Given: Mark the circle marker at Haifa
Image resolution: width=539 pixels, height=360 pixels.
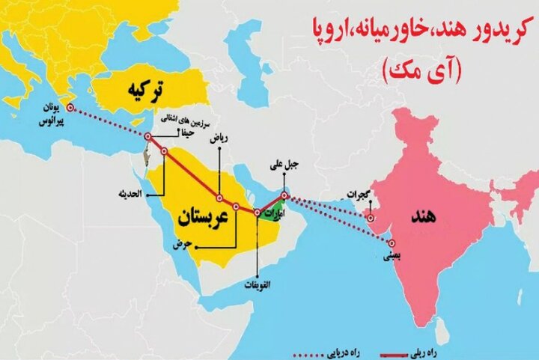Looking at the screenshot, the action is [x=148, y=136].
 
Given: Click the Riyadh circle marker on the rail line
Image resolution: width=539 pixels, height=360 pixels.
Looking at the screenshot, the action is [x=219, y=198].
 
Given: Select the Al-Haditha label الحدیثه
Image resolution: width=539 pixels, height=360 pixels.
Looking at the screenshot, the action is [x=132, y=194].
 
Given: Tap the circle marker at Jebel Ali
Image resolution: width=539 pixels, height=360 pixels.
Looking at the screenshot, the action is [x=284, y=196].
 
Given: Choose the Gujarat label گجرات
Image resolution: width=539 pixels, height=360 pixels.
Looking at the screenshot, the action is [x=358, y=196].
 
